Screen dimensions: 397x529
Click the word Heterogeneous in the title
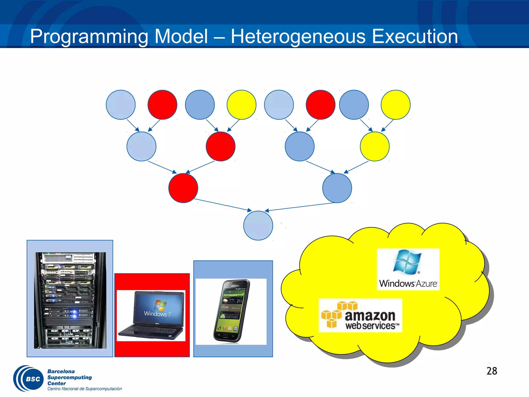coord(298,36)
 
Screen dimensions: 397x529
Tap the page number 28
coord(492,371)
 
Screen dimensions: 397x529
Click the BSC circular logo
coord(29,379)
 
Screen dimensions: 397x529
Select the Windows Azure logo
coord(408,269)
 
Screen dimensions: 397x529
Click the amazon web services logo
coord(360,316)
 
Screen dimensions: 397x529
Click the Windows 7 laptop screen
coord(158,308)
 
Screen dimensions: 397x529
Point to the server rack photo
coord(70,300)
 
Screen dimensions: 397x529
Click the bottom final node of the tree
coord(258,225)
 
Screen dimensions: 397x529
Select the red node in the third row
coord(183,188)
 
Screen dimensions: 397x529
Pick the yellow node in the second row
coord(375,146)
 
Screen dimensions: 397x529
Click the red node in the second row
coord(220,146)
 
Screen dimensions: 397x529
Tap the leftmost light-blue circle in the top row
coord(121,105)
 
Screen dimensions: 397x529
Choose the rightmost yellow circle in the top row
coord(395,105)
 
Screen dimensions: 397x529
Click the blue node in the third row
coord(337,188)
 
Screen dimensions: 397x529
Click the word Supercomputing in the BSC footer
coord(69,377)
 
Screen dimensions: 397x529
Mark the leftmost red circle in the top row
coord(162,105)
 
